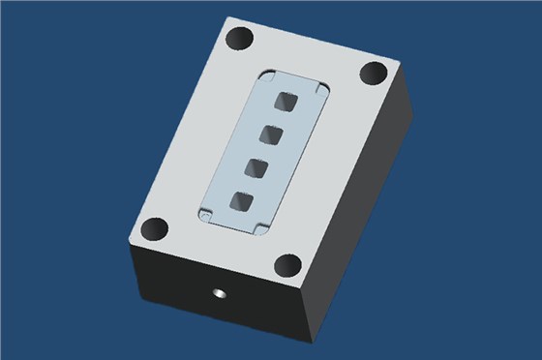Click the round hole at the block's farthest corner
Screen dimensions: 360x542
tap(239, 41)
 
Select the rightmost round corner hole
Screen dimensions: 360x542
tap(374, 74)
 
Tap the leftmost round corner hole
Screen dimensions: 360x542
tap(153, 231)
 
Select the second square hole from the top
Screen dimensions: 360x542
tap(273, 134)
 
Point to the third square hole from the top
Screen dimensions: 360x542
tap(257, 167)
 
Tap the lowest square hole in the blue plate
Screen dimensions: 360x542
tap(241, 201)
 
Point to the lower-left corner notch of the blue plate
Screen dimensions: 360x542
tap(207, 212)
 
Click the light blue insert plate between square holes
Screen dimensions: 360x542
tap(265, 151)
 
